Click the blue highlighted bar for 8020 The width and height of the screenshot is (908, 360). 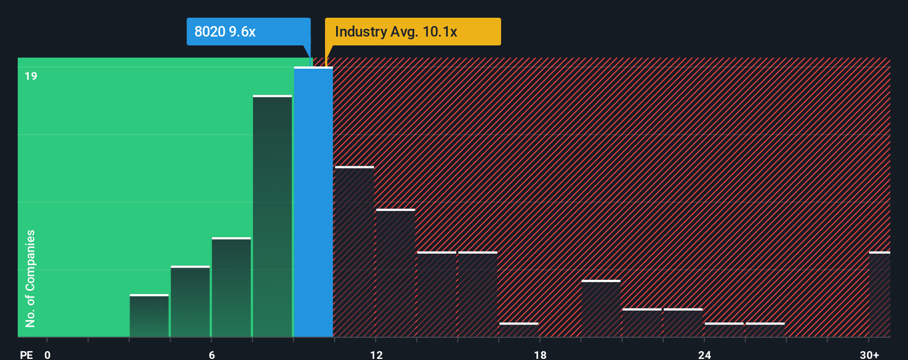click(x=313, y=202)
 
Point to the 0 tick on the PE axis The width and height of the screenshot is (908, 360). click(x=48, y=354)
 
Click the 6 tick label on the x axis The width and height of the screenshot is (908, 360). click(x=212, y=354)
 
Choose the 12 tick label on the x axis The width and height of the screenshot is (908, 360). click(x=376, y=354)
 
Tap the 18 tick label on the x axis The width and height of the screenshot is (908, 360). click(x=540, y=354)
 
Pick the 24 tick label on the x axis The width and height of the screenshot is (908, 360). click(x=704, y=354)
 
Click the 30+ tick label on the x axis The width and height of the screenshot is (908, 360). click(x=869, y=354)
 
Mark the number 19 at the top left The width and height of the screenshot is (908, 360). click(x=31, y=76)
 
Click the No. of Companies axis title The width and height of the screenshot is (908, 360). click(x=30, y=278)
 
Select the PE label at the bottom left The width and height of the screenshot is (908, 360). click(x=27, y=354)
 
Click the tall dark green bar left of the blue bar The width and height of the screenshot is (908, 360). click(x=272, y=216)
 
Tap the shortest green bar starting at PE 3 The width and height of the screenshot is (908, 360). click(x=149, y=316)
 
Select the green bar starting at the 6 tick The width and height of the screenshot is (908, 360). click(x=231, y=287)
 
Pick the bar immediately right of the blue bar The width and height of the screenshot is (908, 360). click(x=354, y=251)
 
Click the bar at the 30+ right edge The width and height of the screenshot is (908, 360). click(x=879, y=294)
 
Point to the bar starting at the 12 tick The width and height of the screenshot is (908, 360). click(x=395, y=272)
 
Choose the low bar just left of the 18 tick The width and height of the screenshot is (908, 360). click(x=518, y=330)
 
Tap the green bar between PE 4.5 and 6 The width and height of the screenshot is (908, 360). click(x=190, y=301)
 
